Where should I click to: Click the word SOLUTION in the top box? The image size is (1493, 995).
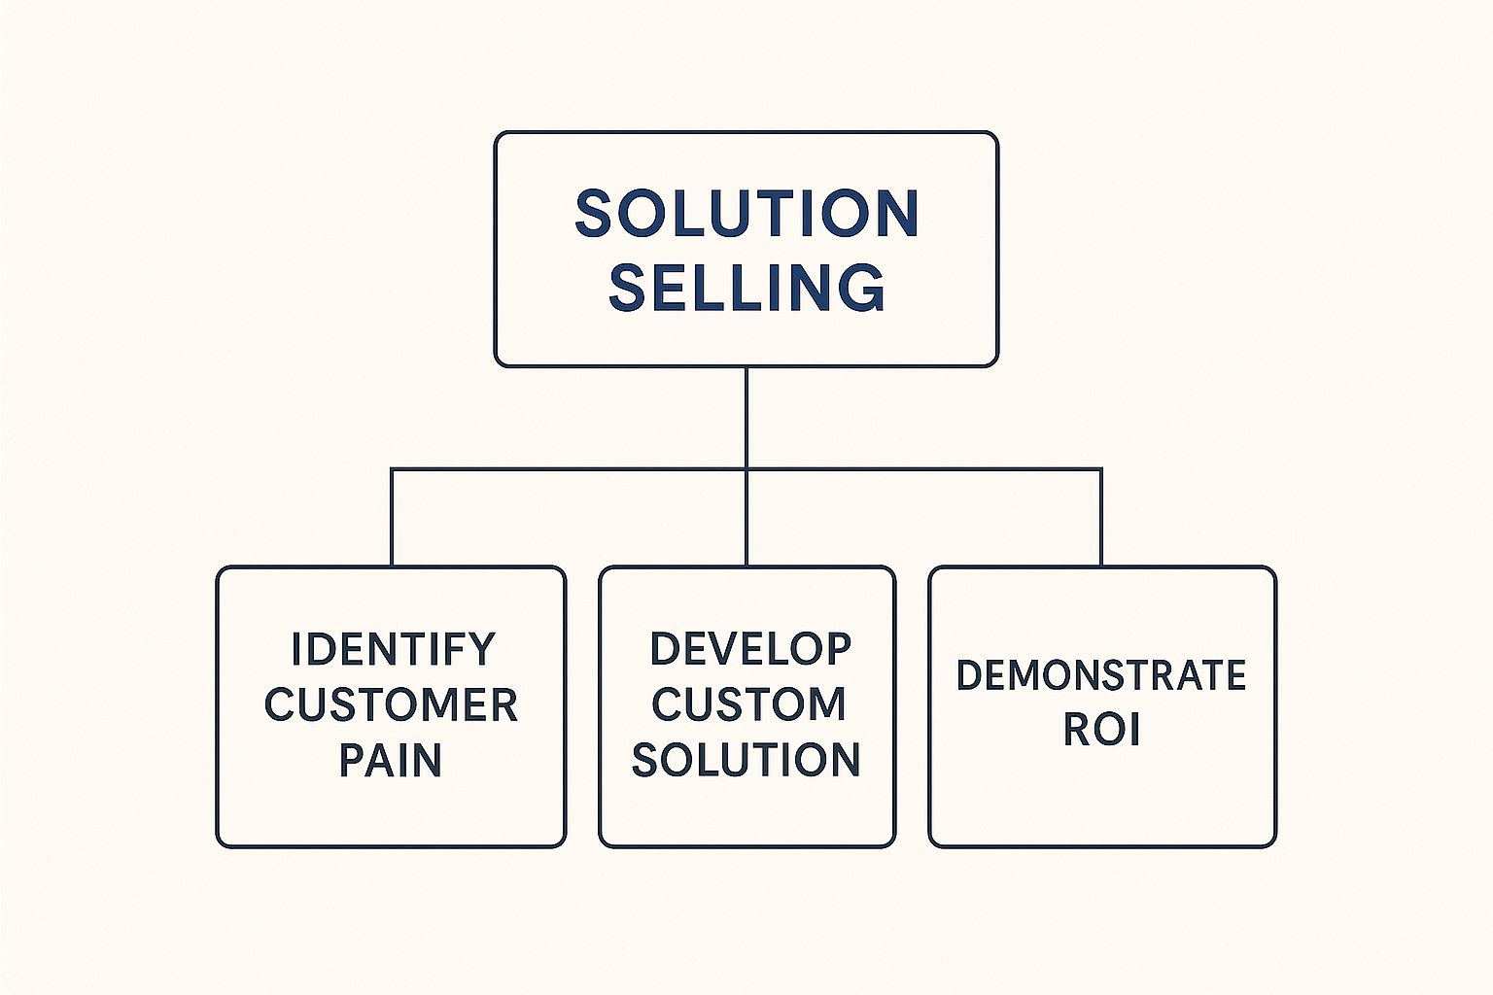[746, 214]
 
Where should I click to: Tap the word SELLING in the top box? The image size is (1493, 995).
[746, 288]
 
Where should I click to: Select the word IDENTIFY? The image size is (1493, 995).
[393, 649]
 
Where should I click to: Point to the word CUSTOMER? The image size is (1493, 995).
[391, 704]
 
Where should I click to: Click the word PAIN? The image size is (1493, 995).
[391, 760]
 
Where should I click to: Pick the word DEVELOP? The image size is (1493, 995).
[750, 649]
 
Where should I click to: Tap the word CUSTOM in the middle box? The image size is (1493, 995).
[748, 704]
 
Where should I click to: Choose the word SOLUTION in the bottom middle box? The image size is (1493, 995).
[746, 760]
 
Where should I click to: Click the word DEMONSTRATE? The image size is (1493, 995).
[1101, 675]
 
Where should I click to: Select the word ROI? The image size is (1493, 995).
[1101, 730]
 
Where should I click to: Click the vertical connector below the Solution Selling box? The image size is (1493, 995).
[746, 418]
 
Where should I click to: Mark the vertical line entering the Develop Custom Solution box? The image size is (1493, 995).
[746, 520]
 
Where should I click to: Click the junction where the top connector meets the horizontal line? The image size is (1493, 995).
[746, 470]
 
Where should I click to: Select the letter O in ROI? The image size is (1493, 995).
[1103, 730]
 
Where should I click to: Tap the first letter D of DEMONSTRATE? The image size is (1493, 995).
[969, 675]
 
